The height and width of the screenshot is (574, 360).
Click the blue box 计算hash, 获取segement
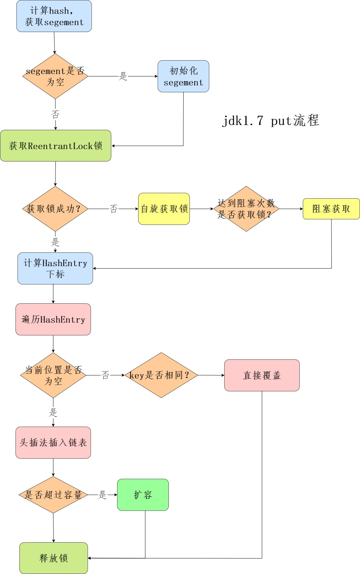[x=54, y=16]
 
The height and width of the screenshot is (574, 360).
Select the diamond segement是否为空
[x=55, y=76]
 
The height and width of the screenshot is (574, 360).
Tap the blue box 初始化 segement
[x=183, y=76]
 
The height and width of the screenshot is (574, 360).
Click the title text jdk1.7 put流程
[x=270, y=121]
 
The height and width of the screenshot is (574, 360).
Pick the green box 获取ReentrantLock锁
[x=55, y=146]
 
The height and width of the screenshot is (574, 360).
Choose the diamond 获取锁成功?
[x=55, y=209]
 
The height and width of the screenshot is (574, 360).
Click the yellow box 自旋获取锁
[x=164, y=209]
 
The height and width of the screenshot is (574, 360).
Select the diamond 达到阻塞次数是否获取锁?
[x=246, y=209]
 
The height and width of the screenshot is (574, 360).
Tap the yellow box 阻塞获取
[x=331, y=209]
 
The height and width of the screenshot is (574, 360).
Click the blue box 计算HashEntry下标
[x=55, y=268]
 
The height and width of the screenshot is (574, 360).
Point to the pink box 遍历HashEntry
[x=53, y=319]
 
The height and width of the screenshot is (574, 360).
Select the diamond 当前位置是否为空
[x=53, y=375]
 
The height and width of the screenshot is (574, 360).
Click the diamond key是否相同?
[x=161, y=375]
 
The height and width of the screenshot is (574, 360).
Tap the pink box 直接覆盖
[x=262, y=375]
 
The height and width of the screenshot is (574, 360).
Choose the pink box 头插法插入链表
[x=53, y=442]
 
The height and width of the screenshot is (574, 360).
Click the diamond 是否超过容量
[x=53, y=495]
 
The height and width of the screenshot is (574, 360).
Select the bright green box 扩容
[x=143, y=495]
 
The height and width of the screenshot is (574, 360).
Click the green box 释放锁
[x=53, y=558]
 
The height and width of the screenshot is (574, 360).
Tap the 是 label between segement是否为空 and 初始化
[x=123, y=76]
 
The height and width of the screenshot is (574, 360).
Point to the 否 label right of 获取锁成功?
[x=114, y=209]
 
